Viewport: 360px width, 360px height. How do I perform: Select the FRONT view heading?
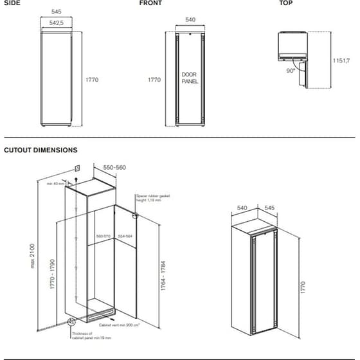(150, 3)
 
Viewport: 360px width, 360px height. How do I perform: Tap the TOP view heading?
(285, 3)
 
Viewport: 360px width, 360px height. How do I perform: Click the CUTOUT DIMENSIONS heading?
(40, 150)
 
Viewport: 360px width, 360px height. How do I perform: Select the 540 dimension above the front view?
(190, 20)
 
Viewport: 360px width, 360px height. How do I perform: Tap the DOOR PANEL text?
(190, 78)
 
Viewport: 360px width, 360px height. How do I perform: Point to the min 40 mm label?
(57, 184)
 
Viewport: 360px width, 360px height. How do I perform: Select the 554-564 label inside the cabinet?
(125, 237)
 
